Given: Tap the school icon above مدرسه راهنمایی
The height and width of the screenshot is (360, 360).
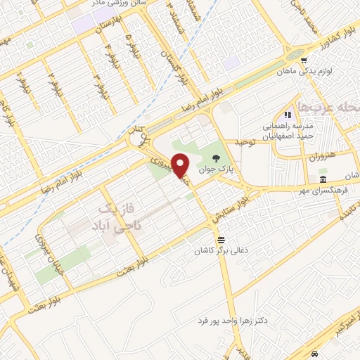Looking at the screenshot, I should coord(287,115).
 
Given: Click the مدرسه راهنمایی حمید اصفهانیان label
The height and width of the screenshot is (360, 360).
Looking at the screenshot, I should coord(289,130).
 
